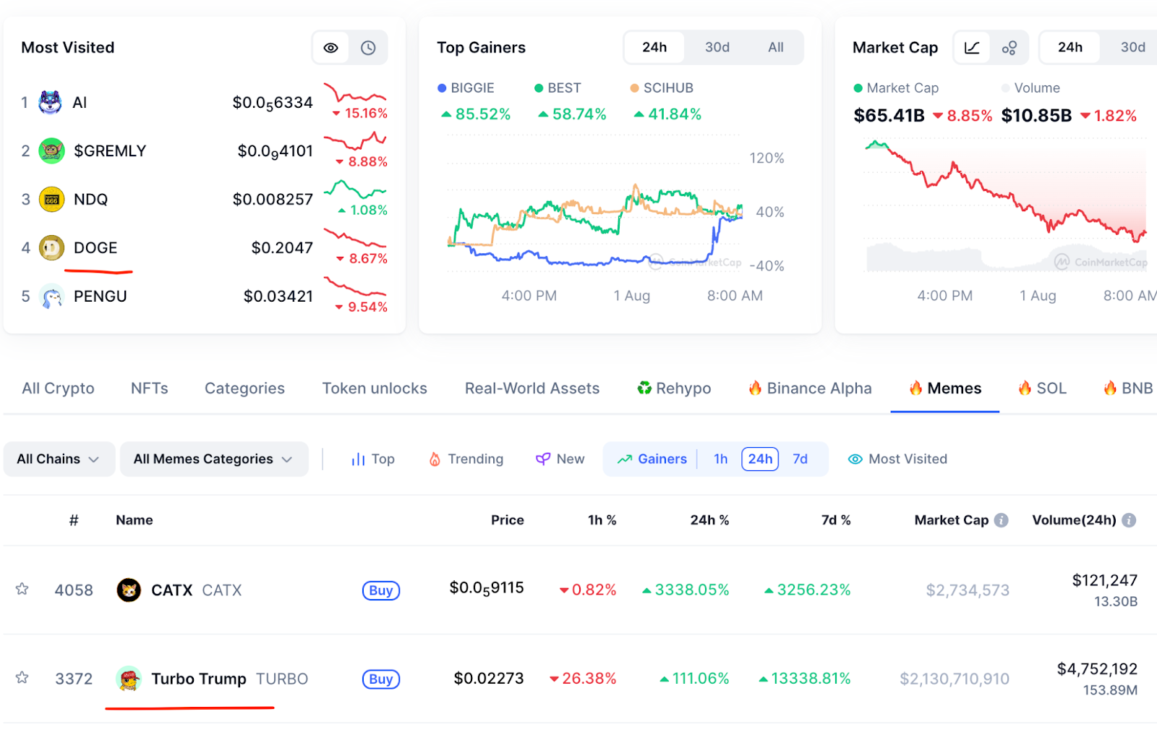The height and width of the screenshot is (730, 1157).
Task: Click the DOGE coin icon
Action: click(51, 248)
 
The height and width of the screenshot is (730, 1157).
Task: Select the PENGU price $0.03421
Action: click(278, 296)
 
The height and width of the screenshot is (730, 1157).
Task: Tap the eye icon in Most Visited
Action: click(330, 48)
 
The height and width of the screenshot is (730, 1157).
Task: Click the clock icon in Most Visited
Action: click(368, 48)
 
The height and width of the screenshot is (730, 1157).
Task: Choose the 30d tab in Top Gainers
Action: click(717, 47)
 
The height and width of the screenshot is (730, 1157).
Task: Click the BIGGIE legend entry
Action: click(466, 88)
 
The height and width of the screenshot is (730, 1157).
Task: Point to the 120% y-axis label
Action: click(767, 158)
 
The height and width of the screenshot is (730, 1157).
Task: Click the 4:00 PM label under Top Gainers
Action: click(529, 295)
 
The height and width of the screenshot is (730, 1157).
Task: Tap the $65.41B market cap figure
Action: click(889, 116)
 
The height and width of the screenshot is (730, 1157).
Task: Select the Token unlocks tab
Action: click(375, 389)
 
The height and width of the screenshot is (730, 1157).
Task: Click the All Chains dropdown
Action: click(59, 459)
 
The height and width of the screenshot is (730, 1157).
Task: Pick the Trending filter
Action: click(466, 459)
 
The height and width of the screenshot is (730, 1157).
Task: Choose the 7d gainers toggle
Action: click(800, 459)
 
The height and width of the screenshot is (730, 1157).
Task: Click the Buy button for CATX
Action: click(381, 590)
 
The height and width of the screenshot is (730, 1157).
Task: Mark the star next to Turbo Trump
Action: click(22, 678)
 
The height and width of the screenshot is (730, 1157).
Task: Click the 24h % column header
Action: click(709, 520)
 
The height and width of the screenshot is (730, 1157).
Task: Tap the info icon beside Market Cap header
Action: click(1001, 520)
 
